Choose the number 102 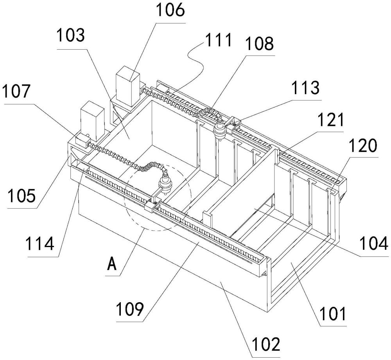point(267,344)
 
